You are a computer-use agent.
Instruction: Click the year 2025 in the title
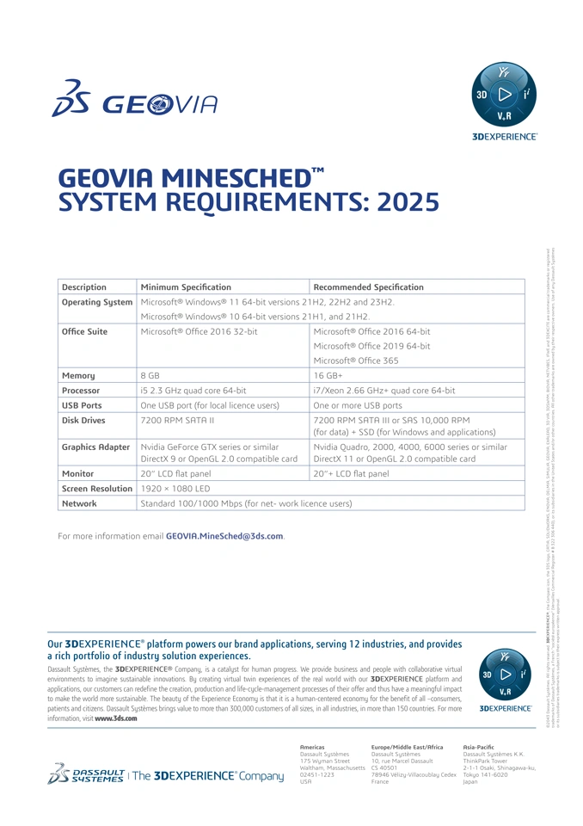coord(402,202)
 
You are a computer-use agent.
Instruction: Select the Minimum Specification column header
coord(186,287)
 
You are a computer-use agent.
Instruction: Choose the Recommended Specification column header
coord(368,287)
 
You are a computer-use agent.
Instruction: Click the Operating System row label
coord(97,302)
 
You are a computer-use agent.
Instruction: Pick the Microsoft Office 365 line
coord(356,361)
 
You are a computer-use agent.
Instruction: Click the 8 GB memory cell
coord(150,375)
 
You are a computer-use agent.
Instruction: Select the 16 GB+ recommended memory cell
coord(328,375)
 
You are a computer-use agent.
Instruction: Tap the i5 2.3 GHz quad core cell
coord(193,390)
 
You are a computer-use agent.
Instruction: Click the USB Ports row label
coord(82,404)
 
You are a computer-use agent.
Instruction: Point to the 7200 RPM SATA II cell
coord(177,420)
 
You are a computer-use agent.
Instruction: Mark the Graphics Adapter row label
coord(95,447)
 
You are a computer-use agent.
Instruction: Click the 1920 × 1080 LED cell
coord(175,488)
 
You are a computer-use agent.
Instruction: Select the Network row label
coord(79,503)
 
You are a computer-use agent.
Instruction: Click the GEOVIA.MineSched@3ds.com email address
coord(224,536)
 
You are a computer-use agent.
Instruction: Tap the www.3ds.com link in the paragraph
coord(116,718)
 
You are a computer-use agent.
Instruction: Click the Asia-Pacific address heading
coord(478,747)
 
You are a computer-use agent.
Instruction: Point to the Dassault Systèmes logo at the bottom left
coord(87,774)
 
